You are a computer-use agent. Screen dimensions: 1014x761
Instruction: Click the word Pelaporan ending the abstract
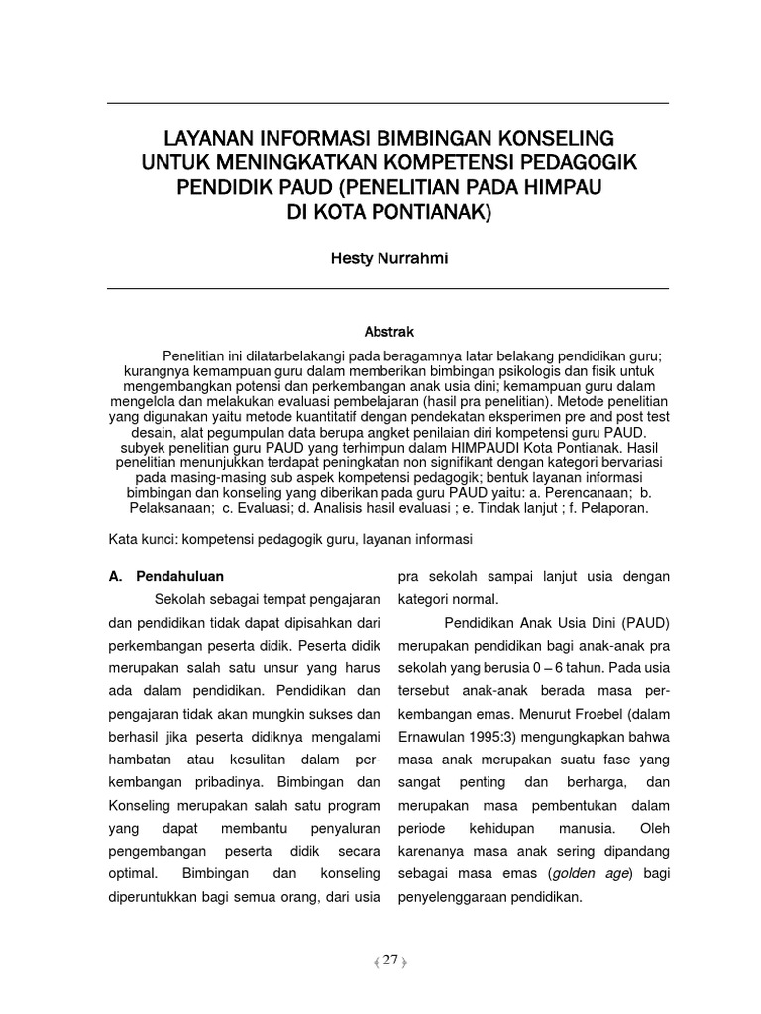pos(614,507)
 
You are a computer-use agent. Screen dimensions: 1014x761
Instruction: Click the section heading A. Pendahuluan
pos(165,575)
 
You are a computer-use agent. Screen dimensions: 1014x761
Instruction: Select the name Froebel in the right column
pos(584,714)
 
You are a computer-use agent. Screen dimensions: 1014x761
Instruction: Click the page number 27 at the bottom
pos(389,961)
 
